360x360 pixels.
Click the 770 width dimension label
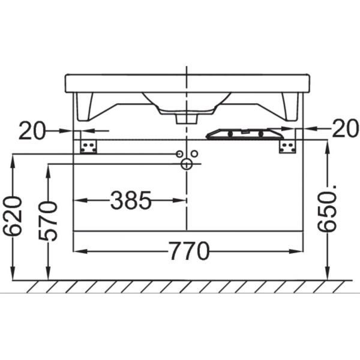(x=190, y=251)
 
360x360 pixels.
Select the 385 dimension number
(x=131, y=200)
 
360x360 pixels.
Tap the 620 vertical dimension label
(x=12, y=216)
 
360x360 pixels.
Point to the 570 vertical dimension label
(x=48, y=221)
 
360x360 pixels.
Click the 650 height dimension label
(x=327, y=208)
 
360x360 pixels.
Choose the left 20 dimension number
(x=32, y=131)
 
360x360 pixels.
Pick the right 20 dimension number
(x=345, y=129)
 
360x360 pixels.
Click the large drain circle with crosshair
(x=187, y=164)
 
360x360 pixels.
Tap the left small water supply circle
(x=179, y=154)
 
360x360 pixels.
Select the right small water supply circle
(x=194, y=154)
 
